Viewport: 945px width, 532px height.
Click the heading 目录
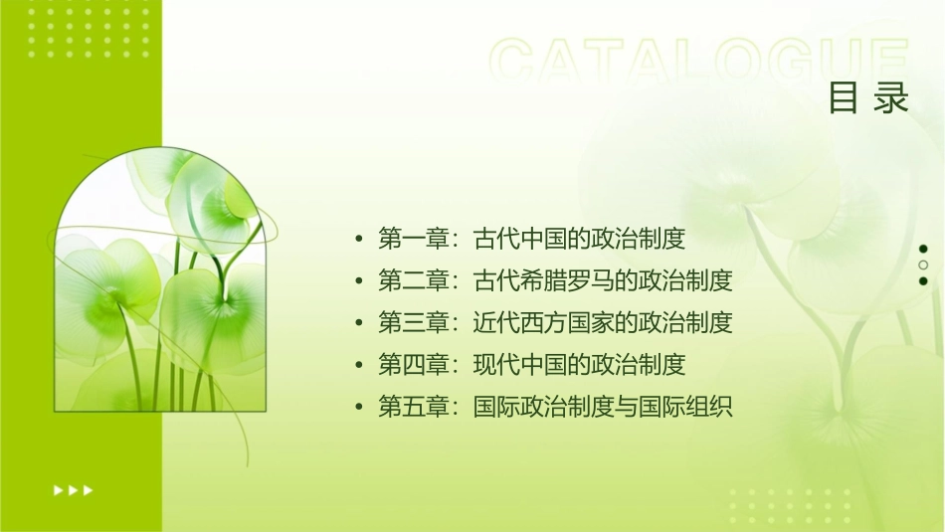869,98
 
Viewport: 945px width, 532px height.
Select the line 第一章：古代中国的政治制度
532,239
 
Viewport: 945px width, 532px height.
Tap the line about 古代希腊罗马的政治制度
555,280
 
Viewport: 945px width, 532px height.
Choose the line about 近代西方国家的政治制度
555,322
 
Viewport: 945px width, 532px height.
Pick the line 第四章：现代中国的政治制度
532,364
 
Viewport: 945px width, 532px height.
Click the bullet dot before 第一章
359,240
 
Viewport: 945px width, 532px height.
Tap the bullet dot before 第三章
359,323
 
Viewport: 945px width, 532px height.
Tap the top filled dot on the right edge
924,249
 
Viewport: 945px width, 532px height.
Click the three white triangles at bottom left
73,489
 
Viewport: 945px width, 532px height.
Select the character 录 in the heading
892,98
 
